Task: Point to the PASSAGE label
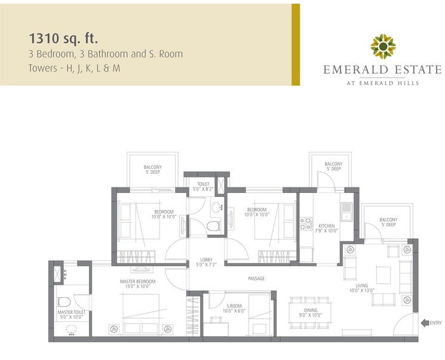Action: [x=256, y=278]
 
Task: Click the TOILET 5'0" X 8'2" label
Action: [x=203, y=186]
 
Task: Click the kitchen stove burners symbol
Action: [x=306, y=224]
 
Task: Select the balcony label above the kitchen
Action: [x=333, y=166]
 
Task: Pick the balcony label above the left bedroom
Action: [x=153, y=170]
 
